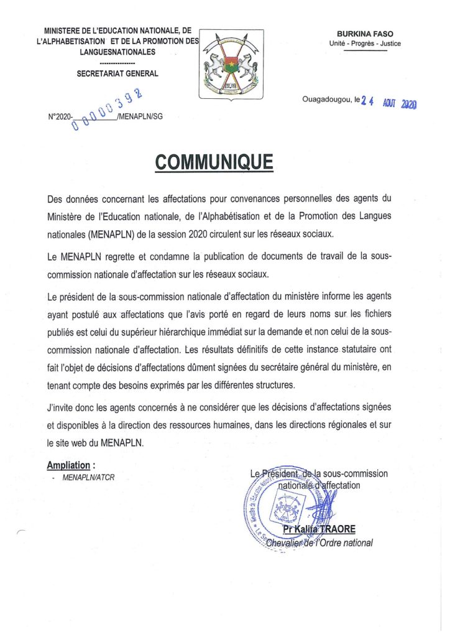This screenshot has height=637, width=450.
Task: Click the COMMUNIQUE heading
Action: click(214, 162)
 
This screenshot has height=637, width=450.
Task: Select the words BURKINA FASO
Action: click(365, 34)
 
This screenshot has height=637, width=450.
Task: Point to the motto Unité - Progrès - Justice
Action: click(365, 44)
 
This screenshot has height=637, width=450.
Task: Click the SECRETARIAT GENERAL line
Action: click(117, 73)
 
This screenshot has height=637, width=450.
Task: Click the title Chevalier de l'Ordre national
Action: click(319, 542)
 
